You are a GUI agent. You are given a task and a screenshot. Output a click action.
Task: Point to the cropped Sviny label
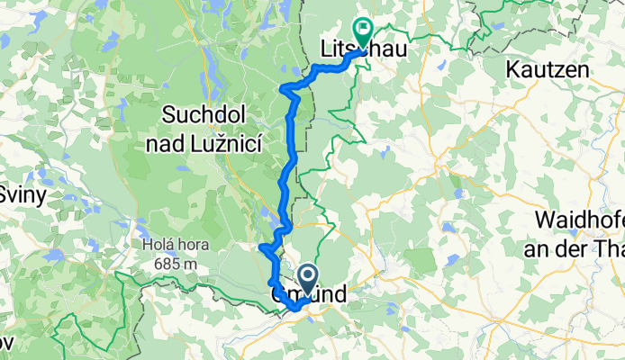click(x=15, y=193)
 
